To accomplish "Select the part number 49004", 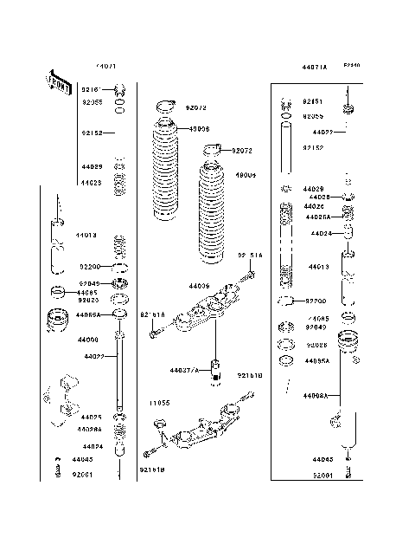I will (x=246, y=174).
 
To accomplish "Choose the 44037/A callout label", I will (x=184, y=369).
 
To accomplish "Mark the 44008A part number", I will (x=316, y=394).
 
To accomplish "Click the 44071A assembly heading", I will (x=315, y=67).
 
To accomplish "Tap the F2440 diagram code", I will (x=351, y=65).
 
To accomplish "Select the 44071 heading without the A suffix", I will (x=107, y=66).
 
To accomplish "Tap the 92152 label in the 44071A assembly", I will (x=313, y=148).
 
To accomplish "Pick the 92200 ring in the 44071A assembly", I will (x=284, y=301).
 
